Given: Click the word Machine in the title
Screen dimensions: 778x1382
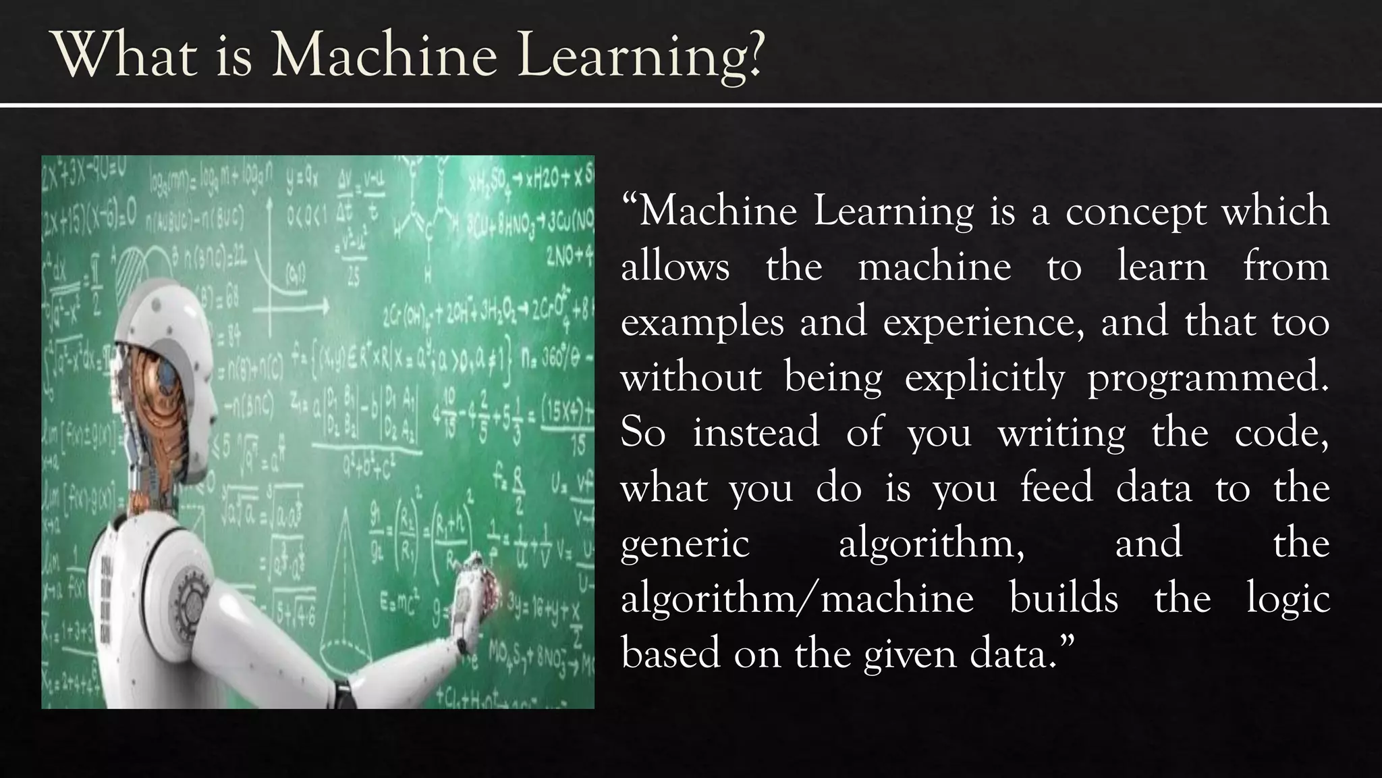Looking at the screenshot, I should pos(384,55).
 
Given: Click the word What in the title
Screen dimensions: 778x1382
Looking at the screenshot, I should pos(125,55).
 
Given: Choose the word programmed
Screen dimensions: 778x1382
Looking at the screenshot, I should pos(1208,378).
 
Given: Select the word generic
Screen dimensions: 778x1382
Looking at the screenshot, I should pos(685,544).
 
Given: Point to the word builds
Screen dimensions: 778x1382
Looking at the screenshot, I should pos(1063,599).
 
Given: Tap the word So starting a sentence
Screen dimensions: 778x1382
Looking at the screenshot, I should pos(642,434).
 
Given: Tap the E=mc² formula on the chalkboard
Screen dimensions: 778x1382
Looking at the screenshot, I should pos(401,602).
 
